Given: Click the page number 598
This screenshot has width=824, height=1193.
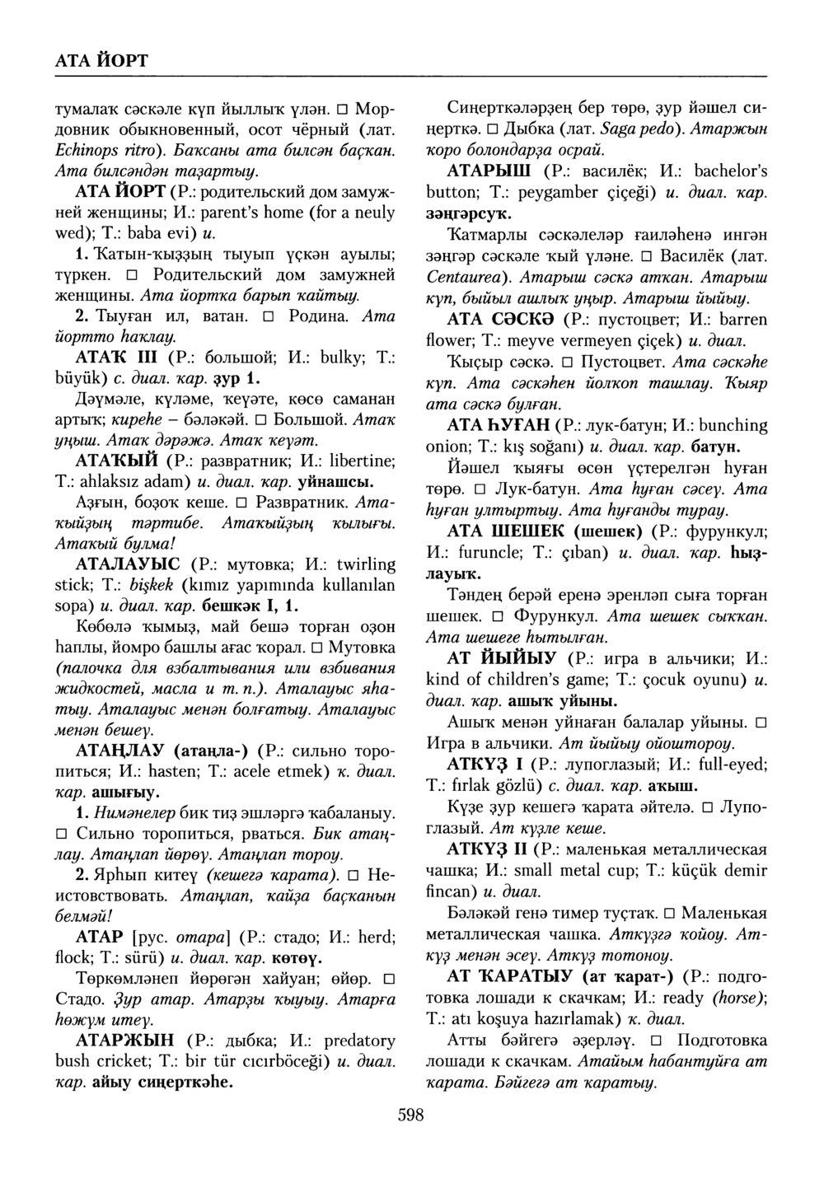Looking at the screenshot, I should coord(410,1116).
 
